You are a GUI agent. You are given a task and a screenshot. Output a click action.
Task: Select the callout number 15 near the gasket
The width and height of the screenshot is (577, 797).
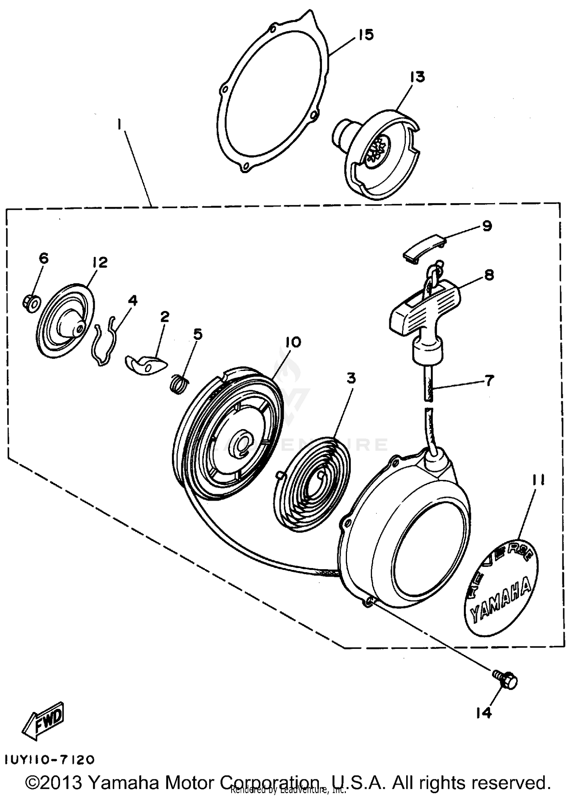[x=366, y=35]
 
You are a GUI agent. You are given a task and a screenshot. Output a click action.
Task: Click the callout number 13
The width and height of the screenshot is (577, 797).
[x=417, y=77]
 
